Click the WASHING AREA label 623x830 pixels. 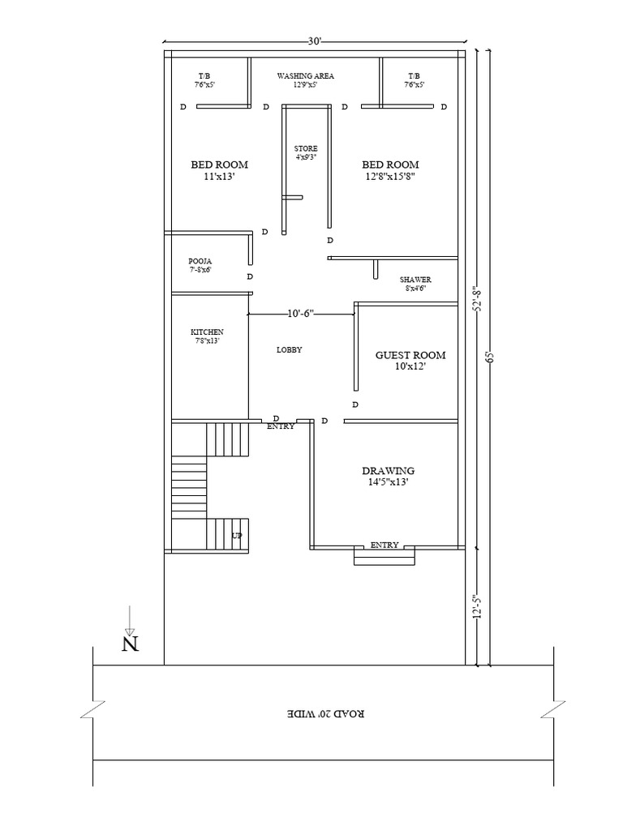click(x=306, y=75)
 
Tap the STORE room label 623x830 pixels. click(x=306, y=149)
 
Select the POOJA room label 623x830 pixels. click(x=200, y=261)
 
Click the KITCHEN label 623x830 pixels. click(x=207, y=332)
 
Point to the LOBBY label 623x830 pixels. click(x=290, y=350)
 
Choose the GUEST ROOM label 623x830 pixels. click(x=410, y=355)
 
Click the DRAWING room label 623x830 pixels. click(x=389, y=471)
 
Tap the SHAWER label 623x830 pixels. click(x=415, y=280)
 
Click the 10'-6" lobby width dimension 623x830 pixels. click(x=301, y=314)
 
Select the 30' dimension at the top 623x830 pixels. click(x=315, y=41)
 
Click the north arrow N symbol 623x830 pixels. click(x=131, y=644)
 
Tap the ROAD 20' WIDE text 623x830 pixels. click(x=326, y=713)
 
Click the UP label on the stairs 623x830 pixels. click(x=237, y=536)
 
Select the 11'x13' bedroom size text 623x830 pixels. click(x=219, y=177)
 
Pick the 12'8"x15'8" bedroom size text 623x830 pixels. click(x=390, y=177)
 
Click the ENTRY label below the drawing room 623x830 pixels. click(x=385, y=545)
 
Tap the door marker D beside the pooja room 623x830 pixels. click(x=250, y=276)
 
